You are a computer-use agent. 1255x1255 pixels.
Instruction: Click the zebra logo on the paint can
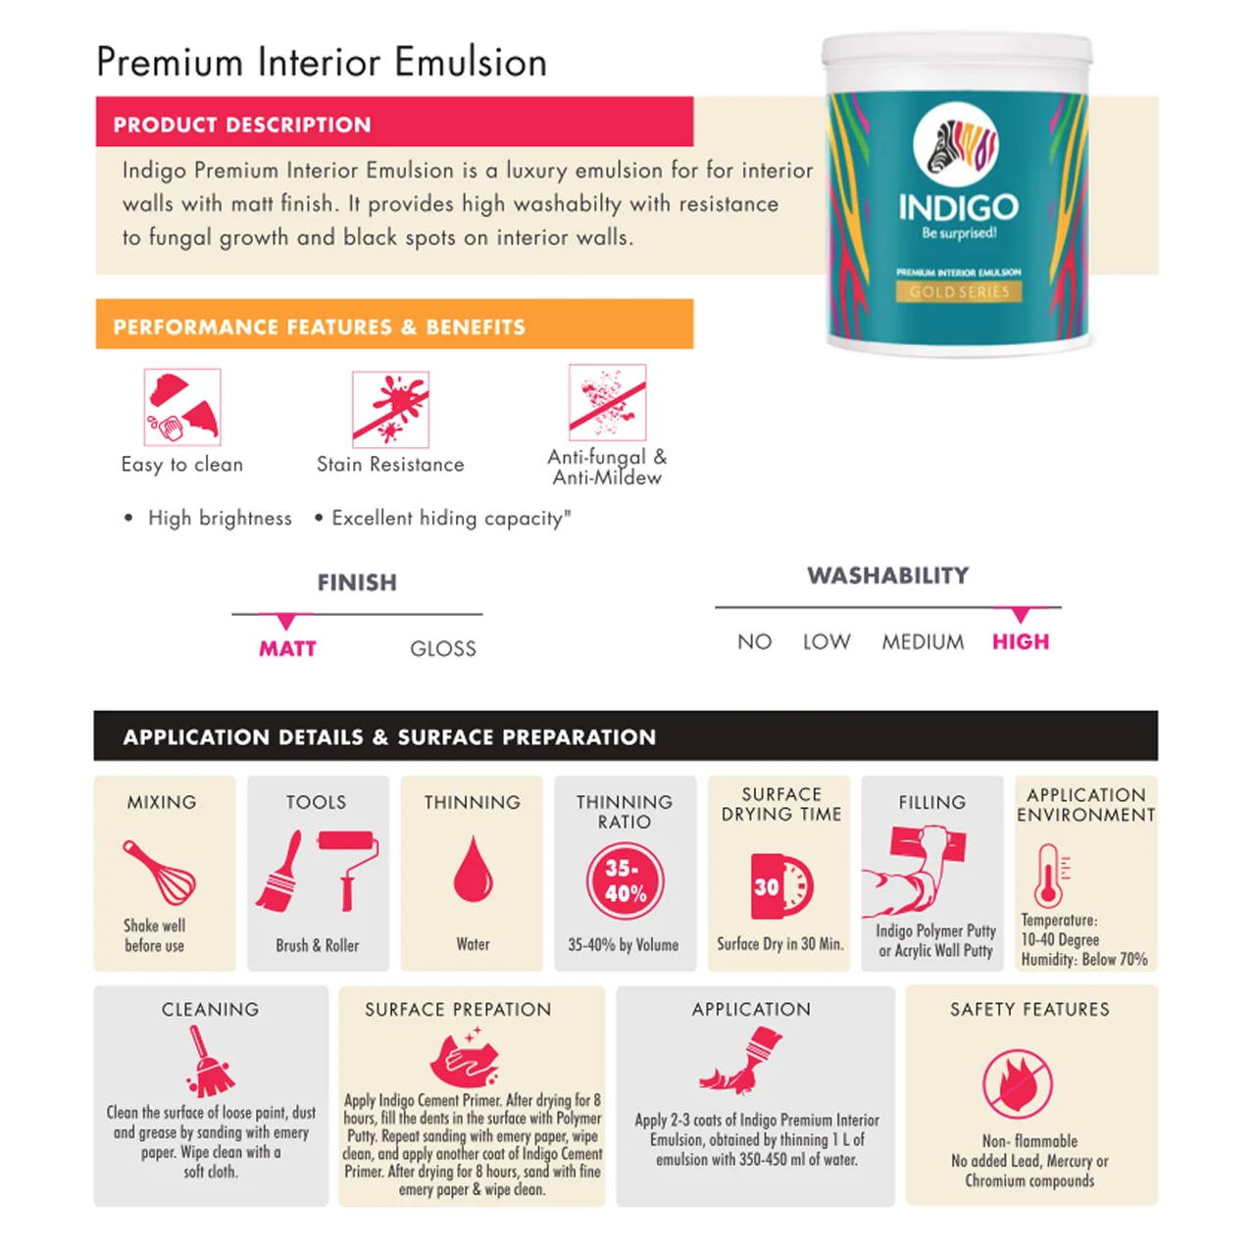[955, 146]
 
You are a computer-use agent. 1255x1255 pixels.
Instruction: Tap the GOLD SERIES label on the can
[958, 291]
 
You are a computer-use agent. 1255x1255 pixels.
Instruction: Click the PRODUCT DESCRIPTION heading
[242, 125]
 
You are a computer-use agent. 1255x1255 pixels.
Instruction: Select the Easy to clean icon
[182, 407]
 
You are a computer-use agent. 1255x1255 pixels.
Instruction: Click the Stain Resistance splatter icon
[390, 409]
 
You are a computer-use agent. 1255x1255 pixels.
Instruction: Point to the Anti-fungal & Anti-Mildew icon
[607, 402]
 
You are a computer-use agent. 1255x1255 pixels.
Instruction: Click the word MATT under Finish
[287, 648]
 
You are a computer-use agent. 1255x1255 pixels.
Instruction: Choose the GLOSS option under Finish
[442, 648]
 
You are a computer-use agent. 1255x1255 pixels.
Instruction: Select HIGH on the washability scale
[1020, 641]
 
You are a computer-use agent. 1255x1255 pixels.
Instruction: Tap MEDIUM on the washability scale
[922, 641]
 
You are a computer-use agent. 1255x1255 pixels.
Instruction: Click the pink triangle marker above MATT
[285, 622]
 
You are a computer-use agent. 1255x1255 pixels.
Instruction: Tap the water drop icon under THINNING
[472, 870]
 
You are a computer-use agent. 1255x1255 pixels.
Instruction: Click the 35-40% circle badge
[625, 880]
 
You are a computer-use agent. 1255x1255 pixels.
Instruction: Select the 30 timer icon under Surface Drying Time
[780, 885]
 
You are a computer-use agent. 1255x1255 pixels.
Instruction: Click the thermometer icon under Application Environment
[1048, 875]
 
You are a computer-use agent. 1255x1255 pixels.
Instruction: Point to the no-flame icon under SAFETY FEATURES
[1018, 1083]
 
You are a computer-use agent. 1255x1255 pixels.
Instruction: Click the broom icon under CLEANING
[208, 1063]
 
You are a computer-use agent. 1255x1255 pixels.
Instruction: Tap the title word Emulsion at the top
[471, 62]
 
